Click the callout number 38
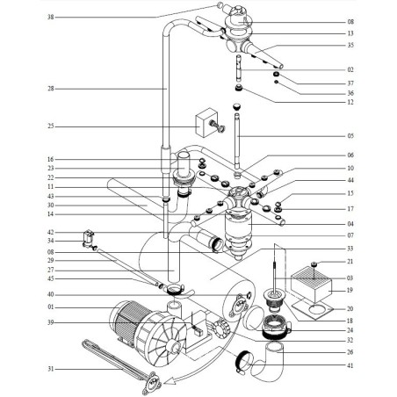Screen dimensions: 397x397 click(x=50, y=17)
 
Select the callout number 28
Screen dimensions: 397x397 click(x=50, y=88)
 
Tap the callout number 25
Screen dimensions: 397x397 click(x=50, y=126)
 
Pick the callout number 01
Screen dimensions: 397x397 click(x=50, y=307)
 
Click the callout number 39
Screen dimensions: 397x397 click(x=50, y=322)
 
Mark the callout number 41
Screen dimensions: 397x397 click(x=350, y=365)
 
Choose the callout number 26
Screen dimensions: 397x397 click(x=350, y=353)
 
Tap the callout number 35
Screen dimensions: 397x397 click(x=350, y=45)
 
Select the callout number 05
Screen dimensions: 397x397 click(x=350, y=136)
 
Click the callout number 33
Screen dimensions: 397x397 click(x=350, y=249)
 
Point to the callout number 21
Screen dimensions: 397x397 click(x=350, y=262)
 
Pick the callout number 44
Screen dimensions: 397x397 click(x=350, y=179)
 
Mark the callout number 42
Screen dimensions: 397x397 click(x=50, y=231)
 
